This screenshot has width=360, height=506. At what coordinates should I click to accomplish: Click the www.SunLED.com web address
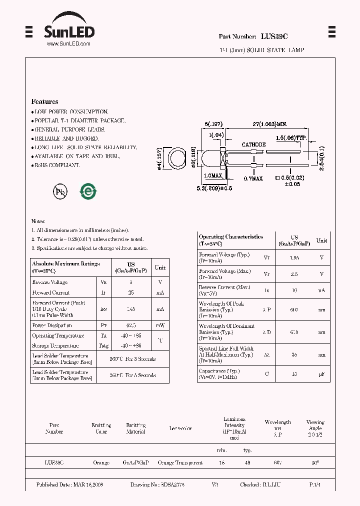[x=68, y=44]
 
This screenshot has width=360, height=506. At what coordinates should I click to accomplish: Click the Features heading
[x=44, y=101]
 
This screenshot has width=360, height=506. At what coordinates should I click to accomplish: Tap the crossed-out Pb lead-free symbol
[x=60, y=191]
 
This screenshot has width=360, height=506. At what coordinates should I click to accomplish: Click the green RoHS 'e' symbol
[x=88, y=191]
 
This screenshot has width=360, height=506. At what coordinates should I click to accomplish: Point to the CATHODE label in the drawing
[x=253, y=144]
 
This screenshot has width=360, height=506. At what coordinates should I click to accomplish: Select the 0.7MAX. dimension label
[x=253, y=178]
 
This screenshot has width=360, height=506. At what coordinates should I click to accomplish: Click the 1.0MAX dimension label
[x=213, y=176]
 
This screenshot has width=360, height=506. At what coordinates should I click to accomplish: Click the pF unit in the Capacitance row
[x=321, y=373]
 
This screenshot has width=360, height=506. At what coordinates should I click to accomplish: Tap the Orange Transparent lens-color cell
[x=180, y=463]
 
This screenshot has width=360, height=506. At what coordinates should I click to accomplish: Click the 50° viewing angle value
[x=315, y=463]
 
